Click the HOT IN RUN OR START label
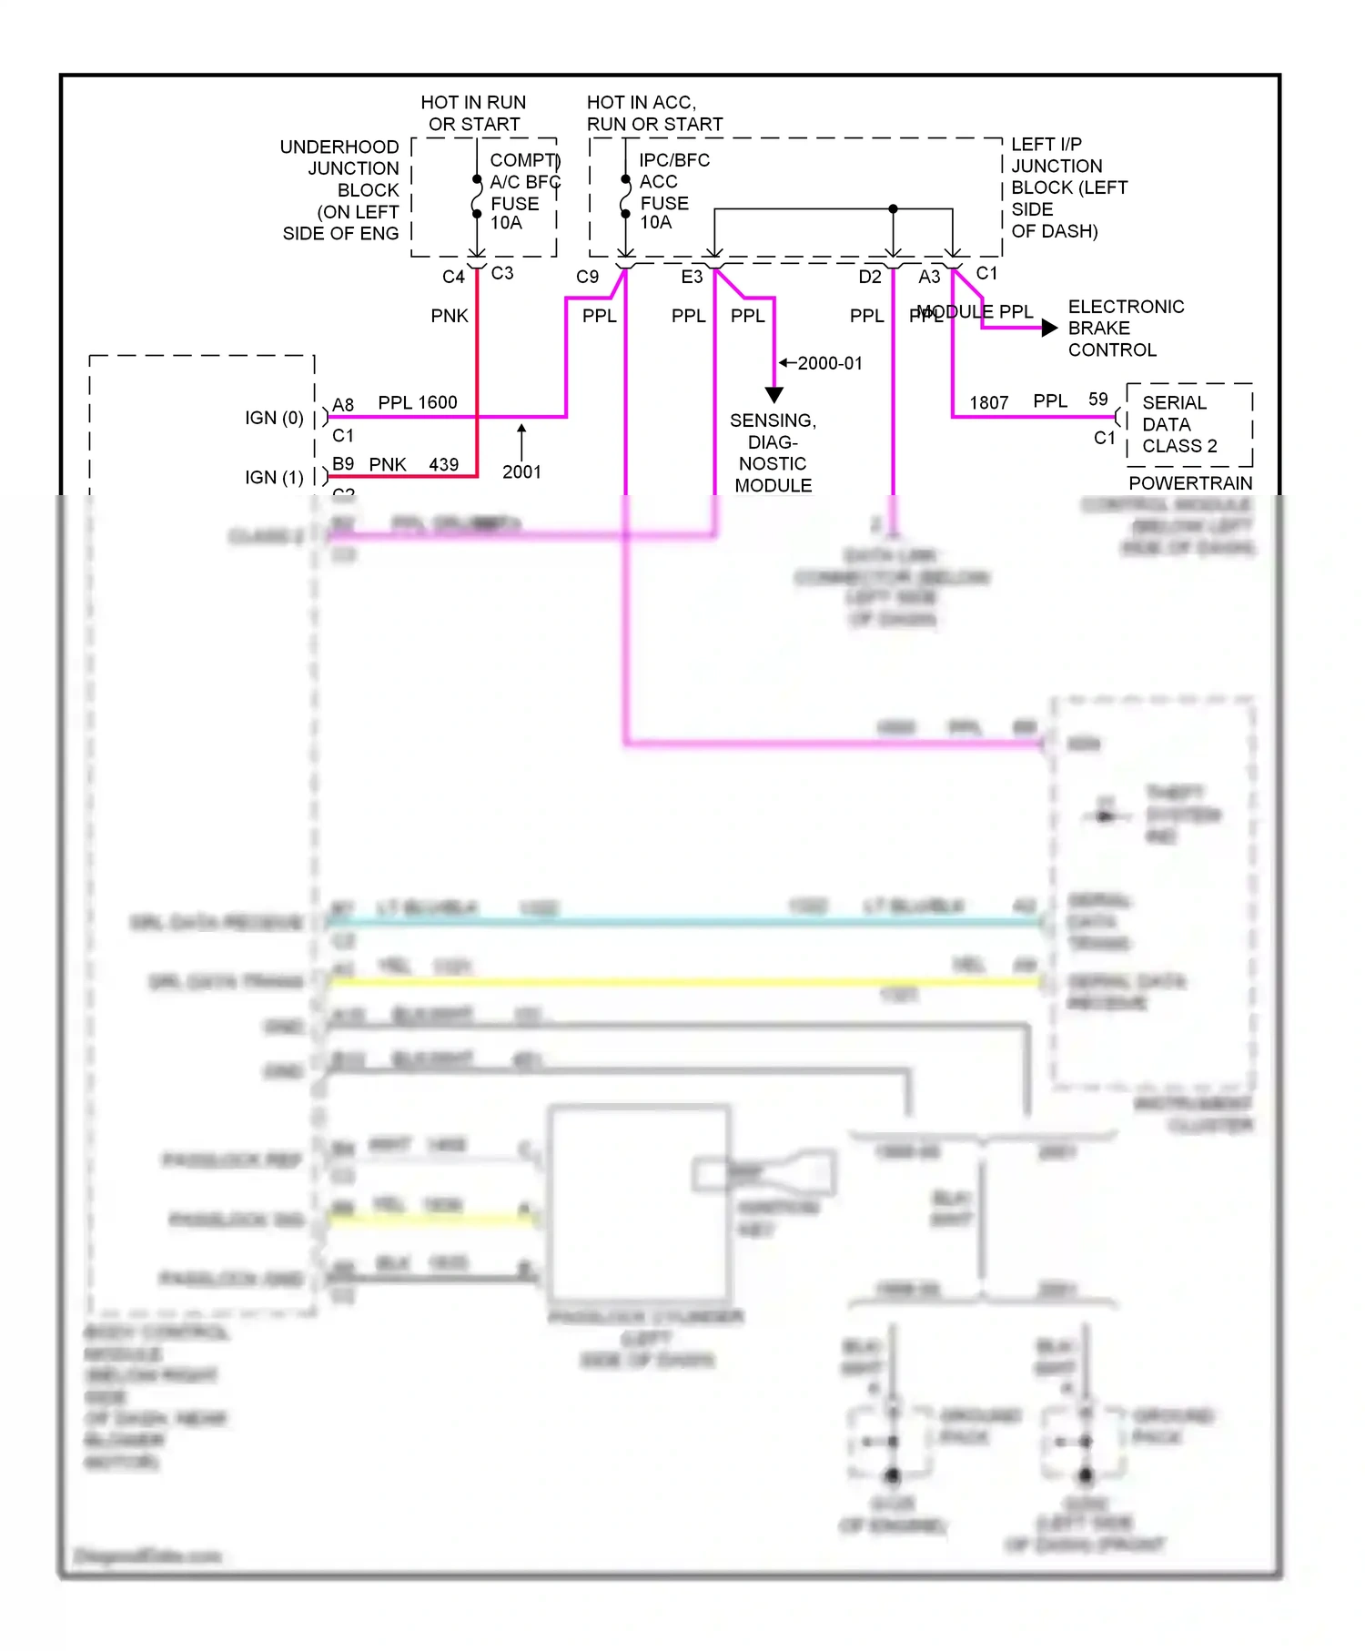pos(473,114)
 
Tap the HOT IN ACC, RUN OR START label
pos(653,114)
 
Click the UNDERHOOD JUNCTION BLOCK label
pos(341,190)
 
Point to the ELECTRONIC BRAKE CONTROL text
pos(1125,329)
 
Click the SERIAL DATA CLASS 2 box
pos(1188,424)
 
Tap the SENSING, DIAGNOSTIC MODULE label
pos(773,452)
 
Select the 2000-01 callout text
pos(829,363)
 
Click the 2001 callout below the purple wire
pos(521,471)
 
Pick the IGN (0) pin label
pos(274,418)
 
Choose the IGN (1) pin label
pos(274,477)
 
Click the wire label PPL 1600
pos(418,402)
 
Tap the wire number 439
pos(443,464)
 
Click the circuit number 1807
pos(988,402)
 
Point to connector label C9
pos(587,277)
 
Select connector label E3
pos(692,277)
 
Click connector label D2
pos(870,277)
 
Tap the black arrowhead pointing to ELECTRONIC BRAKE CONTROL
pos(1049,328)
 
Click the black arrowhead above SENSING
pos(774,395)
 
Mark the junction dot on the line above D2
pos(893,209)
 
